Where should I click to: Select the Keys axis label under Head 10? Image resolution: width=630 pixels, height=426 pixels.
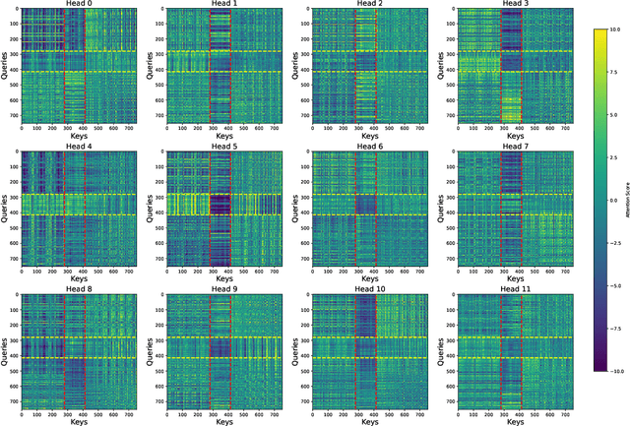point(367,418)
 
